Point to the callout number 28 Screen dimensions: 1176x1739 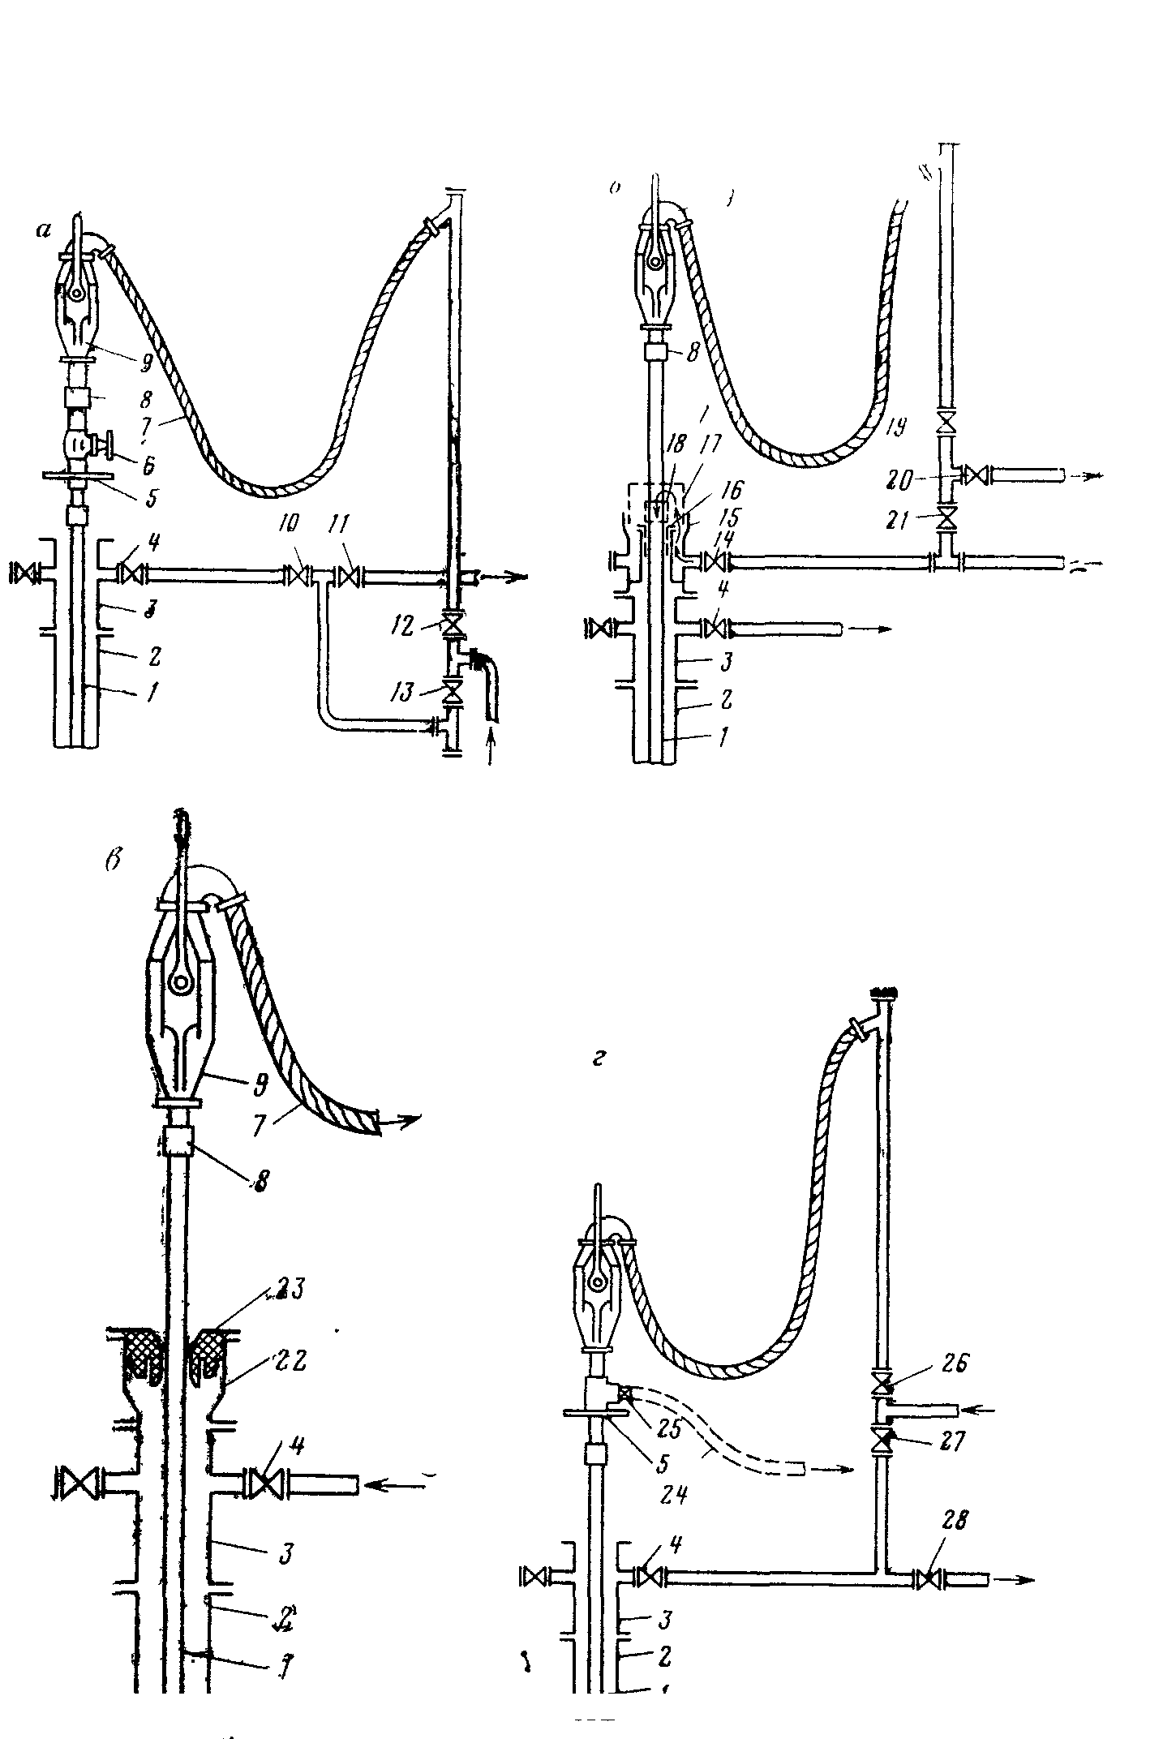(955, 1520)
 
